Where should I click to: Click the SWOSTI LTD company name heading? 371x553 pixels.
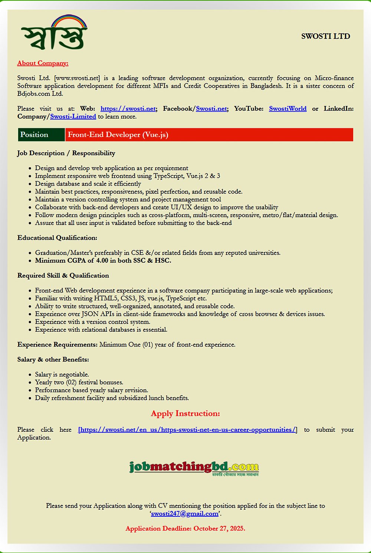(x=325, y=36)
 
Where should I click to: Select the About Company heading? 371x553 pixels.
(x=43, y=63)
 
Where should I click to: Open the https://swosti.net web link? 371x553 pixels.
(x=128, y=109)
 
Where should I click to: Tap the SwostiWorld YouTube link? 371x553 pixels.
(x=288, y=109)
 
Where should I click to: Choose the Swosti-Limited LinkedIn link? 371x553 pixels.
(x=73, y=116)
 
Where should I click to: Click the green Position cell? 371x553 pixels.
(x=41, y=135)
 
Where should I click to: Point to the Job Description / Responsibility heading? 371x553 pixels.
(x=66, y=153)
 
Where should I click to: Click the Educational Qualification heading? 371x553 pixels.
(x=57, y=238)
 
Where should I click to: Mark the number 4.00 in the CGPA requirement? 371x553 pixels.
(x=102, y=261)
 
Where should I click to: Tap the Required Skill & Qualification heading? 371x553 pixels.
(x=63, y=275)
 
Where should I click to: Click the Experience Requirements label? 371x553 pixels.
(x=57, y=345)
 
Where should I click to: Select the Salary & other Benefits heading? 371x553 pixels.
(x=53, y=360)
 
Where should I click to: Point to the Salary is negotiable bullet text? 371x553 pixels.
(x=62, y=374)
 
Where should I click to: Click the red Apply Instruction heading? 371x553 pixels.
(x=185, y=413)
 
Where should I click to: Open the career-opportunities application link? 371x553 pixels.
(x=187, y=430)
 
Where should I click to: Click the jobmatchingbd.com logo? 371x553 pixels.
(x=194, y=468)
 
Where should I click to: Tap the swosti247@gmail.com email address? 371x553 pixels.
(x=184, y=513)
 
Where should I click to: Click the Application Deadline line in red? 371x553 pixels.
(x=185, y=528)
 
